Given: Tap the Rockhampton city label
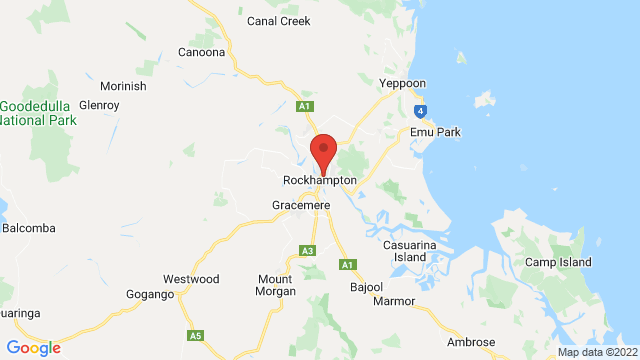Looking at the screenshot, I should point(320,180).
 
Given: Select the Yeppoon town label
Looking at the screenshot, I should point(403,83).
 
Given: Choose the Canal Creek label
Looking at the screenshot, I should point(279,19).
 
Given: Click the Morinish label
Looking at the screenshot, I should point(122,86).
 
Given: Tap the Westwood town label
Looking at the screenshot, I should point(191,279).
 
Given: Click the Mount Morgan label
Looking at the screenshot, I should point(277,285).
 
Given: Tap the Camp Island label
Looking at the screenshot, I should point(558,262).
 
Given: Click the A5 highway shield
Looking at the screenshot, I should point(196,334).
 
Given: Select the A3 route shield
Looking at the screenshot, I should point(308,250).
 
